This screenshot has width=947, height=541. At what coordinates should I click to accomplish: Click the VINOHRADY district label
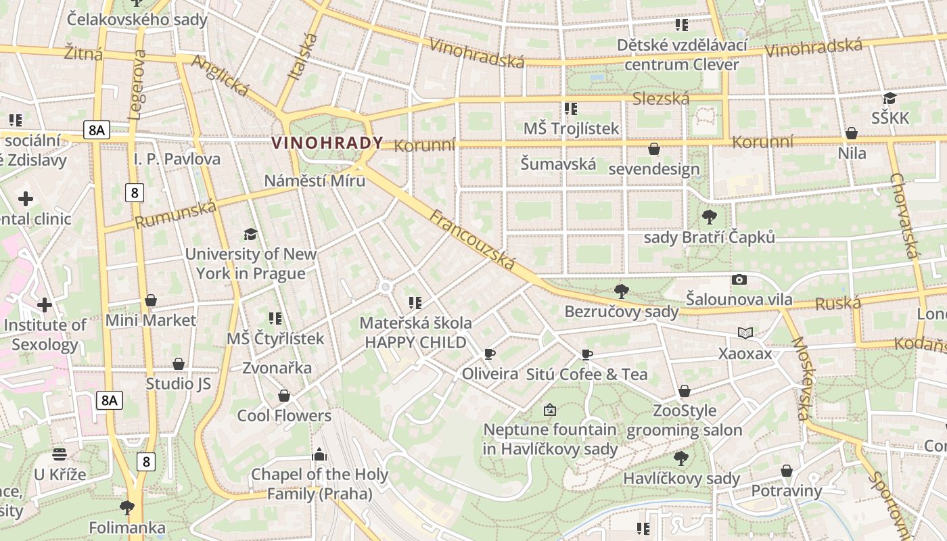pos(327,143)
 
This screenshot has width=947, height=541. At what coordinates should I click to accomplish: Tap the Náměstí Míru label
pos(315,181)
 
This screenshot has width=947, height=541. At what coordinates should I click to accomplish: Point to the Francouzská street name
pos(472,240)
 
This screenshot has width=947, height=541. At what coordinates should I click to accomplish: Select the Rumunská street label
pos(175,214)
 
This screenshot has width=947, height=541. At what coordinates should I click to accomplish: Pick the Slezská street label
pos(661,99)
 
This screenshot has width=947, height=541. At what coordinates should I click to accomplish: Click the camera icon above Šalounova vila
pos(739,279)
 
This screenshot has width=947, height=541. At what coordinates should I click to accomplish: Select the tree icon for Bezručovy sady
pos(621,291)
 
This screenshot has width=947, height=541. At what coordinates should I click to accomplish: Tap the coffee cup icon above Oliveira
pos(490,354)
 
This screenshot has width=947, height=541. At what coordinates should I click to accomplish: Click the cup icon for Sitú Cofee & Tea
pos(587,354)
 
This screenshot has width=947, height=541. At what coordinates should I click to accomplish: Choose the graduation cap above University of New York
pos(251,234)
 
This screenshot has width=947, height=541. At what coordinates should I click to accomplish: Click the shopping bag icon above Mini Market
pos(151,300)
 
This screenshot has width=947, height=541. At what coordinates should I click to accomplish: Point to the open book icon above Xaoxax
pos(745,333)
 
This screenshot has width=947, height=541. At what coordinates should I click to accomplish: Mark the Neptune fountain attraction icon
pos(550,410)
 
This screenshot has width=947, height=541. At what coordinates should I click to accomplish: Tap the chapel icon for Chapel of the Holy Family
pos(319,454)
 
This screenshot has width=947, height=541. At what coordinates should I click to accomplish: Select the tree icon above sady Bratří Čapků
pos(709,217)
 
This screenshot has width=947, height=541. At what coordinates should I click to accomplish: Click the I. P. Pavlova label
pos(177,160)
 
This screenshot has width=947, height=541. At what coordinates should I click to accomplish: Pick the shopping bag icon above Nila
pos(852,133)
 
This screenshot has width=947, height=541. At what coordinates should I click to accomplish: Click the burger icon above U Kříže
pos(60,454)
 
